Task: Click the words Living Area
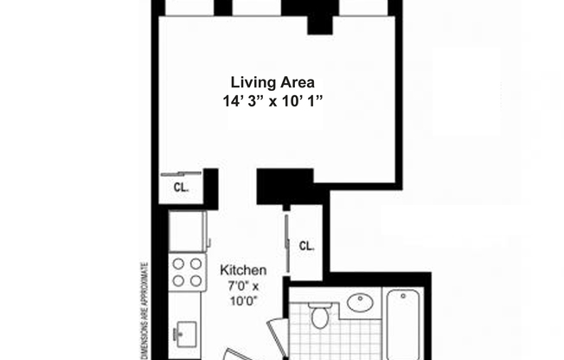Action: pyautogui.click(x=272, y=82)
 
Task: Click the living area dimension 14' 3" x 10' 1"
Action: pyautogui.click(x=272, y=100)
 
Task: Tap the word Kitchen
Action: pyautogui.click(x=243, y=269)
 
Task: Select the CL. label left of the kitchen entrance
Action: pyautogui.click(x=181, y=186)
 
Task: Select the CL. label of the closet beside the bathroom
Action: pyautogui.click(x=306, y=245)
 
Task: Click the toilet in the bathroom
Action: pyautogui.click(x=320, y=315)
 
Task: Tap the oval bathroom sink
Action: pyautogui.click(x=359, y=303)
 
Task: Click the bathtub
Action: pyautogui.click(x=405, y=325)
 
